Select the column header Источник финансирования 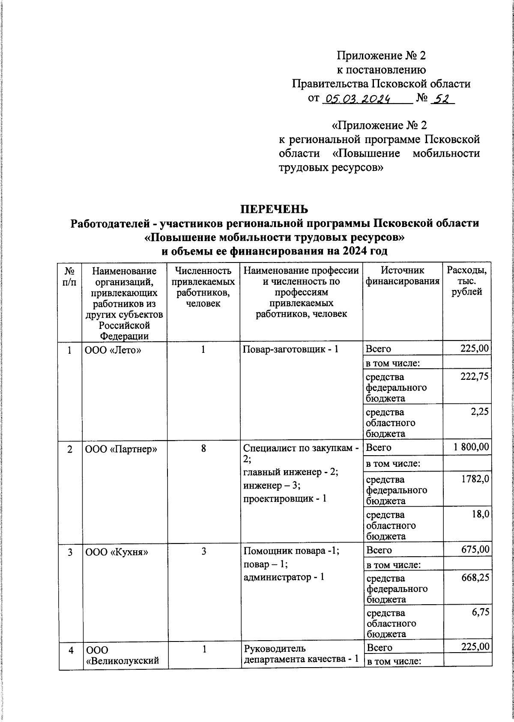tap(403, 276)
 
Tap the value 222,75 tap(474, 377)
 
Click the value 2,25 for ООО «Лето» tap(480, 412)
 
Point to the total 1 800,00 tap(471, 448)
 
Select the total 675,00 tap(475, 550)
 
